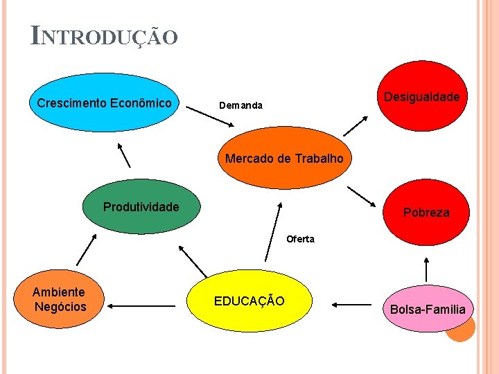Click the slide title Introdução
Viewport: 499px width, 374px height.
coord(104,35)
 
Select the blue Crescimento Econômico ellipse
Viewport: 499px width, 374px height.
coord(104,103)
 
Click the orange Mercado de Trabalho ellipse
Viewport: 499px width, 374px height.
coord(284,158)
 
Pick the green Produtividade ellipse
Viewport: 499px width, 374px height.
coord(141,206)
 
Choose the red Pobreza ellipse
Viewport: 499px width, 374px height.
coord(426,212)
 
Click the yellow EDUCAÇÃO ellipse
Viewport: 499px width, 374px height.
coord(249,301)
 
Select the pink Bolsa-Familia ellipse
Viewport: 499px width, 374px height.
coord(428,309)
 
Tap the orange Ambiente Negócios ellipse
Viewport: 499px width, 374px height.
coord(60,299)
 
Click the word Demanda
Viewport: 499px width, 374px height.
coord(240,106)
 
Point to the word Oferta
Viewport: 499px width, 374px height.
coord(300,239)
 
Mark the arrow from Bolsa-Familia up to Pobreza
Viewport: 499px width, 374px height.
coord(426,268)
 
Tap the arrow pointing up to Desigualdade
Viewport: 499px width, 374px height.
coord(356,125)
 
